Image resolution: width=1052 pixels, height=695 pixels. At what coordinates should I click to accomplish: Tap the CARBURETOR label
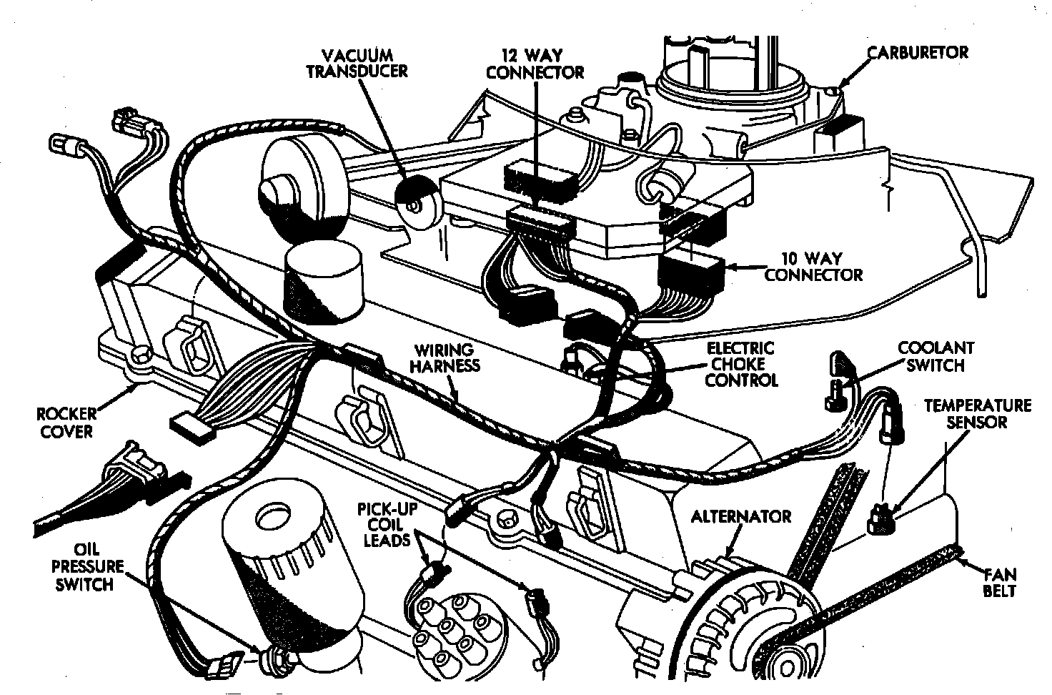pyautogui.click(x=918, y=53)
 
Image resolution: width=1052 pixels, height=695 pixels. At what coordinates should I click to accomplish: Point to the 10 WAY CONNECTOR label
pyautogui.click(x=813, y=266)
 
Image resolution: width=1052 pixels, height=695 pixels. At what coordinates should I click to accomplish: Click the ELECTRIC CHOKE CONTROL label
pyautogui.click(x=740, y=364)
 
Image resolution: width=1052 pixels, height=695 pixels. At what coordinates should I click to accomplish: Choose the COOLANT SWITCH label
pyautogui.click(x=936, y=357)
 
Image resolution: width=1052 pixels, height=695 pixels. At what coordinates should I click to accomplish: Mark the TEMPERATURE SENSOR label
pyautogui.click(x=978, y=413)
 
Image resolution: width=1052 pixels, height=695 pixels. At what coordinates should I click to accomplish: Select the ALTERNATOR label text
pyautogui.click(x=741, y=516)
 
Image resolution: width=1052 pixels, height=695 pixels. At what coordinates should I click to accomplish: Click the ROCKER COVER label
pyautogui.click(x=64, y=423)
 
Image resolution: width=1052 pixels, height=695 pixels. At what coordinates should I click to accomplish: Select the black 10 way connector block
pyautogui.click(x=690, y=271)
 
